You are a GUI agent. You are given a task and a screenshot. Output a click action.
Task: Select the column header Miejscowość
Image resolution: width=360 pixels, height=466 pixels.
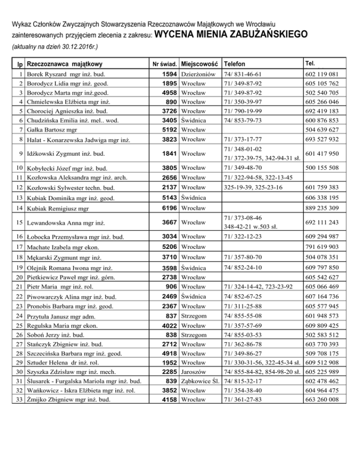pos(200,64)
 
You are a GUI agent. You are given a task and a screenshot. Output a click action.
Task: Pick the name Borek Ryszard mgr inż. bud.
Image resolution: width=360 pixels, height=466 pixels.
pos(66,75)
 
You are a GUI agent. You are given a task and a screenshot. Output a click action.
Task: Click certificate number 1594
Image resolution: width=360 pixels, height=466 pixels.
pos(169,75)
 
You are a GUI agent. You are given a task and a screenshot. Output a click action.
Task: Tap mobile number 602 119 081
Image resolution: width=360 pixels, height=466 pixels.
pos(322,75)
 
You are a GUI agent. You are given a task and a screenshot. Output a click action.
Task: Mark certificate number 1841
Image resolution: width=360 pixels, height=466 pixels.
pos(169,153)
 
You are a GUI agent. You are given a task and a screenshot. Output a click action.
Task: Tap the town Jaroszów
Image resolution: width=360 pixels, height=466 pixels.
pos(195,372)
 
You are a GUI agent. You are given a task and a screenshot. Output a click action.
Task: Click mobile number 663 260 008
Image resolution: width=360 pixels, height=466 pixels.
pos(322,399)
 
